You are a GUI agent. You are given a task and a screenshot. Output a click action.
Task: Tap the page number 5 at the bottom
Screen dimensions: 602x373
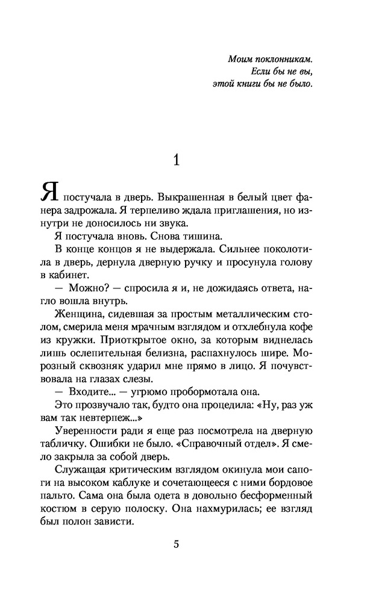tap(176, 545)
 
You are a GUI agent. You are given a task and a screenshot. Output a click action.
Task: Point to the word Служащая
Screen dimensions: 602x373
tap(77, 471)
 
